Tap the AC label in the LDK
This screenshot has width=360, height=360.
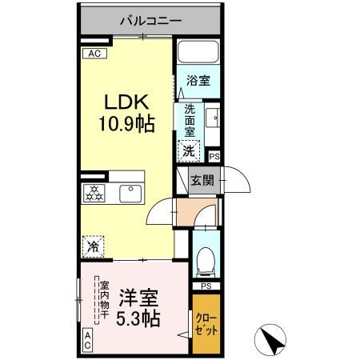(x=94, y=54)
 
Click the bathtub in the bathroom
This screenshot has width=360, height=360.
(x=198, y=54)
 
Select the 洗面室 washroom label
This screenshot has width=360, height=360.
(x=190, y=119)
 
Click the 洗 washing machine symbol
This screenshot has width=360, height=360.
(x=189, y=149)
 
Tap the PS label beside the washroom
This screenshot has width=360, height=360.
(x=214, y=157)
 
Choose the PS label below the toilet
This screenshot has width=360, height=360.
(x=206, y=286)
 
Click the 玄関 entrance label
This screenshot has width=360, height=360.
(x=202, y=181)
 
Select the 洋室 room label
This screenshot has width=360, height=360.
(x=138, y=297)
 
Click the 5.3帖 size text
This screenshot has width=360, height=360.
(x=138, y=318)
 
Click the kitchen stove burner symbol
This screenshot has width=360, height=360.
(x=94, y=193)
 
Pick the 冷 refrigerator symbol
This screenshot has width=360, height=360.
(x=94, y=246)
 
